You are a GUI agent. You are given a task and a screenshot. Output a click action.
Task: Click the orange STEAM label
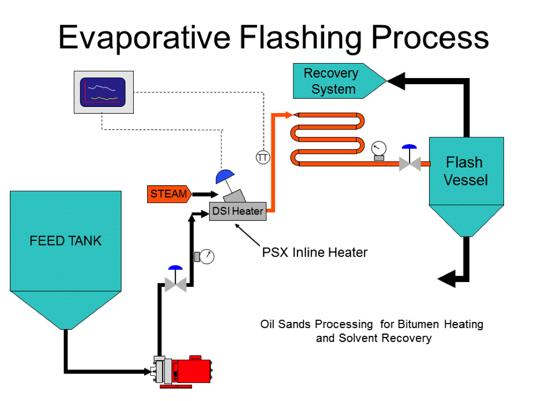click(x=169, y=194)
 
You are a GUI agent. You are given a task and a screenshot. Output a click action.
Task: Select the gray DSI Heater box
click(x=238, y=211)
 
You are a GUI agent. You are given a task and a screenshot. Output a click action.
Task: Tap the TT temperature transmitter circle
click(x=263, y=158)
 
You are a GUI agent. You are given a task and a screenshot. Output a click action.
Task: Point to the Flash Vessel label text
click(x=465, y=171)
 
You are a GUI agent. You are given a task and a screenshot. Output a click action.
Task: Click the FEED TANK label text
click(x=66, y=241)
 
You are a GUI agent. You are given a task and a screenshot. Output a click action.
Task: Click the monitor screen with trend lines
click(x=103, y=92)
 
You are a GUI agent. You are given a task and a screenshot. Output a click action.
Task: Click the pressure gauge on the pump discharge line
click(x=205, y=256)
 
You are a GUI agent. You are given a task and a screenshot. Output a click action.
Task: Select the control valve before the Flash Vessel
click(x=410, y=159)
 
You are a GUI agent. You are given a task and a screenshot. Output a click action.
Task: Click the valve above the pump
click(x=176, y=279)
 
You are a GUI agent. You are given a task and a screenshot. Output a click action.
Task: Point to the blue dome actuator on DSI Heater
click(x=225, y=176)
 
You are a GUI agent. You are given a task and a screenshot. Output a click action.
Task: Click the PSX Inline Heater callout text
click(x=315, y=253)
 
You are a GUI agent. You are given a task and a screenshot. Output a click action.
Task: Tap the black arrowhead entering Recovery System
click(x=396, y=81)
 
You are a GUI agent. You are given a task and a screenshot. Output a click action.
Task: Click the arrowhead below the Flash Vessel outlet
click(x=447, y=279)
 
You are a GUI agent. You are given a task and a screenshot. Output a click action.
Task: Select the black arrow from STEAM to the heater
click(x=206, y=194)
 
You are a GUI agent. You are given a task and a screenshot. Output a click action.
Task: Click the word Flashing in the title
click(x=301, y=38)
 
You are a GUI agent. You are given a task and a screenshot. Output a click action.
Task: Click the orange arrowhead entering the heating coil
click(x=288, y=115)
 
